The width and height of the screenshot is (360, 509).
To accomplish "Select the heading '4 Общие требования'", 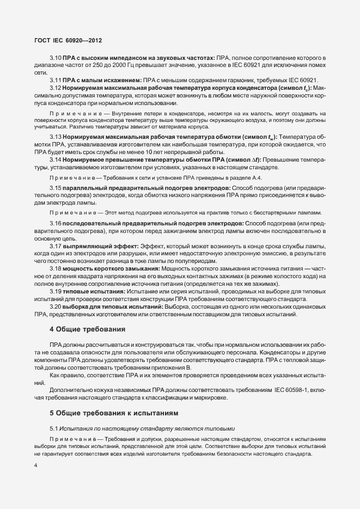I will coord(87,329).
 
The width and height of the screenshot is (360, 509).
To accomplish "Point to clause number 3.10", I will coord(56,57).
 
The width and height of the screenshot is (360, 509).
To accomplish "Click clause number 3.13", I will coord(56,136).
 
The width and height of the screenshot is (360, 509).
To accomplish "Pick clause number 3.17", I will coord(56,247).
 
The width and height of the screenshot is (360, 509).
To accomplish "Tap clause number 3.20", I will coord(56,307).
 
